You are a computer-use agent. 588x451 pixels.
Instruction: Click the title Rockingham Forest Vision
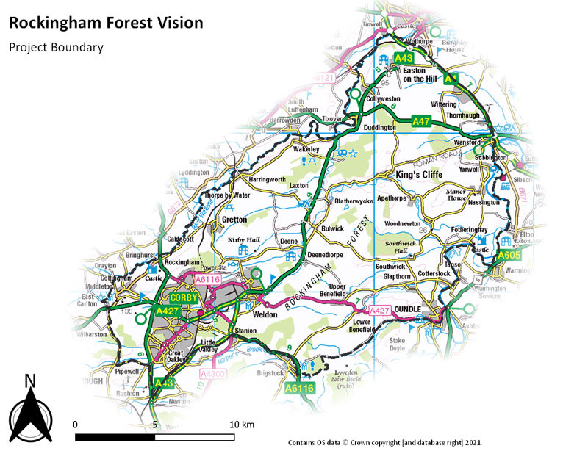[x=106, y=23]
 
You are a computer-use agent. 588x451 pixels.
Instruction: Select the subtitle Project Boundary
[x=56, y=47]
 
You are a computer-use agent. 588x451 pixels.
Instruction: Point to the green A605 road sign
[x=510, y=255]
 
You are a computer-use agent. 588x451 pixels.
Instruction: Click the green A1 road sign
[x=451, y=78]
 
